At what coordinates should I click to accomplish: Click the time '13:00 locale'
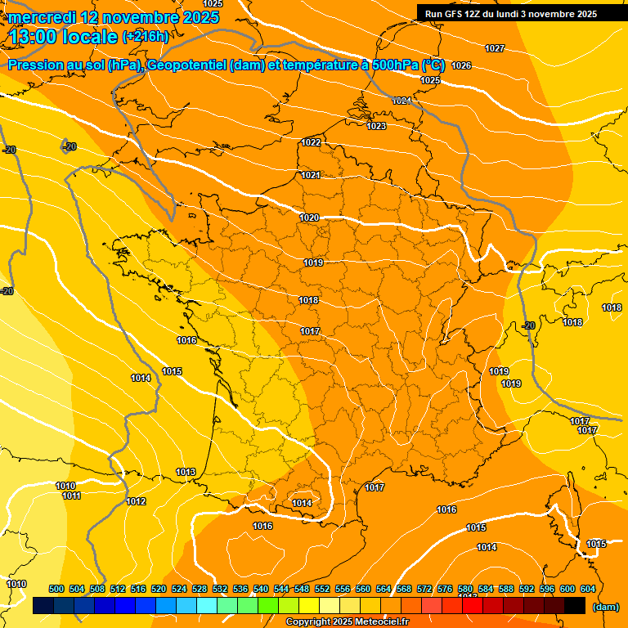click(64, 36)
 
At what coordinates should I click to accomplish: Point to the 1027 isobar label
click(495, 49)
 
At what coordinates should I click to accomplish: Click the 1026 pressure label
click(461, 65)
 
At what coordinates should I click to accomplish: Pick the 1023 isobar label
click(376, 126)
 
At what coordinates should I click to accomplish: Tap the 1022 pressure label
click(311, 142)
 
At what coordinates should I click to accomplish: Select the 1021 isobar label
click(310, 175)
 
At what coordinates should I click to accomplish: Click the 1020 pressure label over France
click(309, 218)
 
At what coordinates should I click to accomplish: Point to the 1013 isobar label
click(186, 473)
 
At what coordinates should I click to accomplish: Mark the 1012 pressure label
click(136, 501)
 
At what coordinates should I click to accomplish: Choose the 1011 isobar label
click(71, 496)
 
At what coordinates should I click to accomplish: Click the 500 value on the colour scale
click(56, 589)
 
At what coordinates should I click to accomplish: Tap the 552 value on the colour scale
click(322, 589)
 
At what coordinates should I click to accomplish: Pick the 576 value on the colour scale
click(445, 589)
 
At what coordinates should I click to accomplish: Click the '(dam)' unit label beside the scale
click(605, 607)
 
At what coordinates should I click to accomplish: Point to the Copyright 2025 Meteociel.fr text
click(347, 622)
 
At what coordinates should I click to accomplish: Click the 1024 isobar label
click(401, 101)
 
